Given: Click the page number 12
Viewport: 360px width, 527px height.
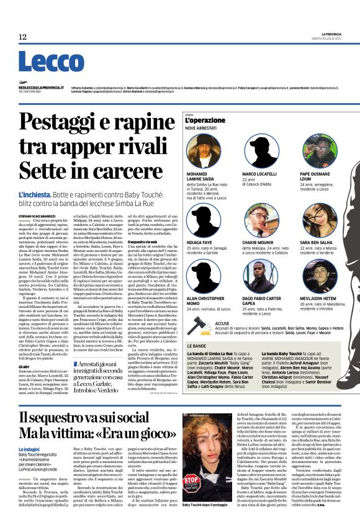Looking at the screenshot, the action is click(22, 37).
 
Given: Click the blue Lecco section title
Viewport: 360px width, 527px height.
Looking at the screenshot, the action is click(42, 61).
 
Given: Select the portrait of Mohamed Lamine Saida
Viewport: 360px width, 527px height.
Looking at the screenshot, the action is click(203, 149).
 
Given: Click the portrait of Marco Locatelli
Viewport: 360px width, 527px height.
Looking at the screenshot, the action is click(259, 149).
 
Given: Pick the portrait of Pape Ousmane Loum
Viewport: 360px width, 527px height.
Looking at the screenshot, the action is click(318, 149).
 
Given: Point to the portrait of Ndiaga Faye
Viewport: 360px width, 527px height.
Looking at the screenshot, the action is click(203, 218).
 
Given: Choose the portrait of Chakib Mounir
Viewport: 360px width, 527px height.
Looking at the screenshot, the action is click(259, 218).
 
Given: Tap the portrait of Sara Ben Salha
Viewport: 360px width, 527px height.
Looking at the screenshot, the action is click(318, 218).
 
